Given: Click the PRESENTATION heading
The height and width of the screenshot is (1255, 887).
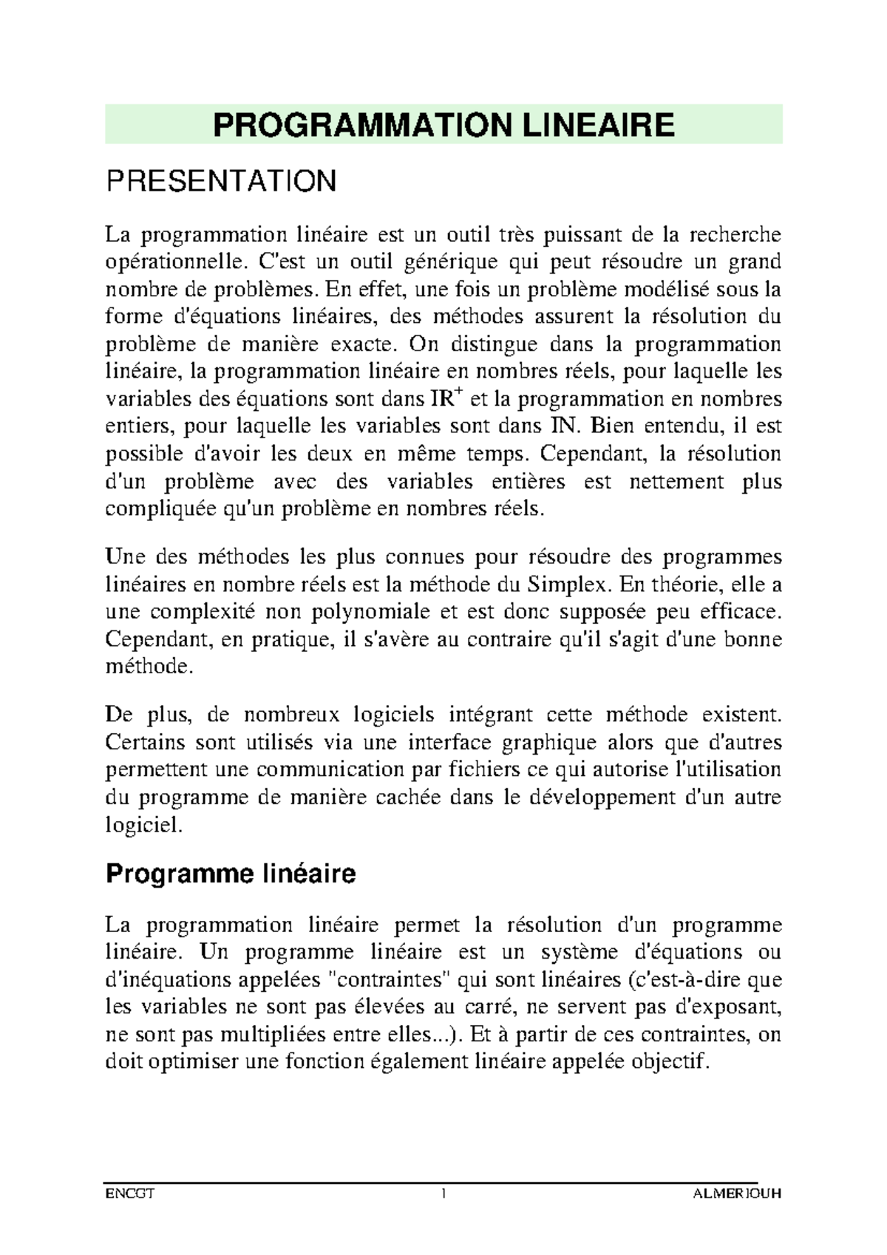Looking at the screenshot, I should [x=221, y=181].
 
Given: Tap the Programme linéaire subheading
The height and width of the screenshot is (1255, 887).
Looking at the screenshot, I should [x=231, y=874].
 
